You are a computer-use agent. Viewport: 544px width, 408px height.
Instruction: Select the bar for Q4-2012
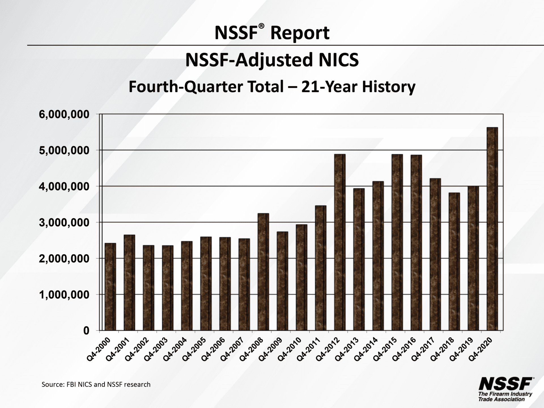click(x=339, y=242)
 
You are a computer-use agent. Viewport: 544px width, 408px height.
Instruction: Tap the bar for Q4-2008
click(x=263, y=272)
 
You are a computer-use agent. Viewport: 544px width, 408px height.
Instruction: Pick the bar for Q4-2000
click(x=110, y=287)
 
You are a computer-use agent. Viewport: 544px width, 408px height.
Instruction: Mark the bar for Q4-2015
click(x=397, y=242)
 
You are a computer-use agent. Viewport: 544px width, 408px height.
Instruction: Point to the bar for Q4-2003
click(x=167, y=288)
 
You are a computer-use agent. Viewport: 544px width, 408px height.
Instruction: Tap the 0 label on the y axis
click(x=86, y=331)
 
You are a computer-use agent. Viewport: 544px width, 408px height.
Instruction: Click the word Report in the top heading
click(x=300, y=33)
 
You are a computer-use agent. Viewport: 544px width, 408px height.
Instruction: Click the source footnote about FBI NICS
click(x=96, y=384)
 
